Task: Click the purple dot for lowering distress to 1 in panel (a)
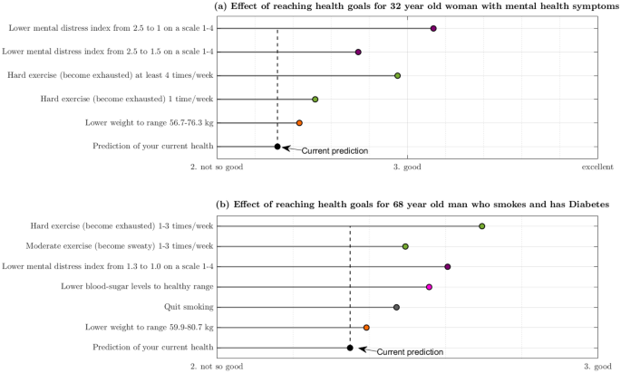coord(433,29)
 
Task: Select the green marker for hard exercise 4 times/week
coord(397,75)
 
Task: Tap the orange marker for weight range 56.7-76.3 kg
coord(299,122)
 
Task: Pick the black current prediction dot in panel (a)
coord(277,146)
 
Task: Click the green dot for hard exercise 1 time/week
coord(315,99)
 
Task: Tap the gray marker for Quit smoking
coord(396,307)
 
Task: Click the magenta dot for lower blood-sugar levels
coord(429,287)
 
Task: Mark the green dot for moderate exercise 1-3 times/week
coord(405,246)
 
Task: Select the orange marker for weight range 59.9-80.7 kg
coord(366,328)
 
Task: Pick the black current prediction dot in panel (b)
coord(350,348)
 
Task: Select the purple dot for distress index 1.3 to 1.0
coord(448,267)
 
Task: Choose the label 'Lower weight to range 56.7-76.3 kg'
coord(150,122)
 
